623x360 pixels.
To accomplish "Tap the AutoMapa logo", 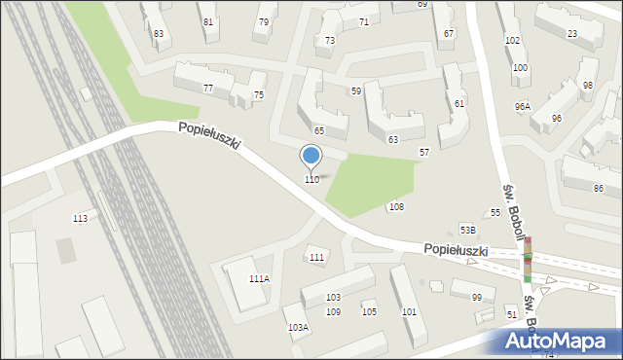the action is [560, 342].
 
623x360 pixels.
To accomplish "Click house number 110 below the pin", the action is [311, 180].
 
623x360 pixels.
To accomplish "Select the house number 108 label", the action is [396, 207].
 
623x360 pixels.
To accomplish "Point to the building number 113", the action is [80, 218].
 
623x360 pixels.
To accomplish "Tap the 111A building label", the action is [259, 279].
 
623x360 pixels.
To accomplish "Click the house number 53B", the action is [468, 231].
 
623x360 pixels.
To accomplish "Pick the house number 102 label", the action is [512, 40].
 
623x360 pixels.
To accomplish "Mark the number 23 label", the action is [571, 34].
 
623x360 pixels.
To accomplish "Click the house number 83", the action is [159, 34].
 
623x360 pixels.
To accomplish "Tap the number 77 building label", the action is [208, 89].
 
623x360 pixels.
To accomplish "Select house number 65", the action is [318, 130].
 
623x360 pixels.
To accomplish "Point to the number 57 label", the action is [424, 153].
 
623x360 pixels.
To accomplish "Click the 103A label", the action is [298, 328].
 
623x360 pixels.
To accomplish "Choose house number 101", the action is [409, 312].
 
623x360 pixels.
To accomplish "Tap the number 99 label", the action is [476, 298].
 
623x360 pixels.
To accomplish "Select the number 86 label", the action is [599, 188].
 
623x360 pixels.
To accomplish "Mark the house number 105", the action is [369, 312].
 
